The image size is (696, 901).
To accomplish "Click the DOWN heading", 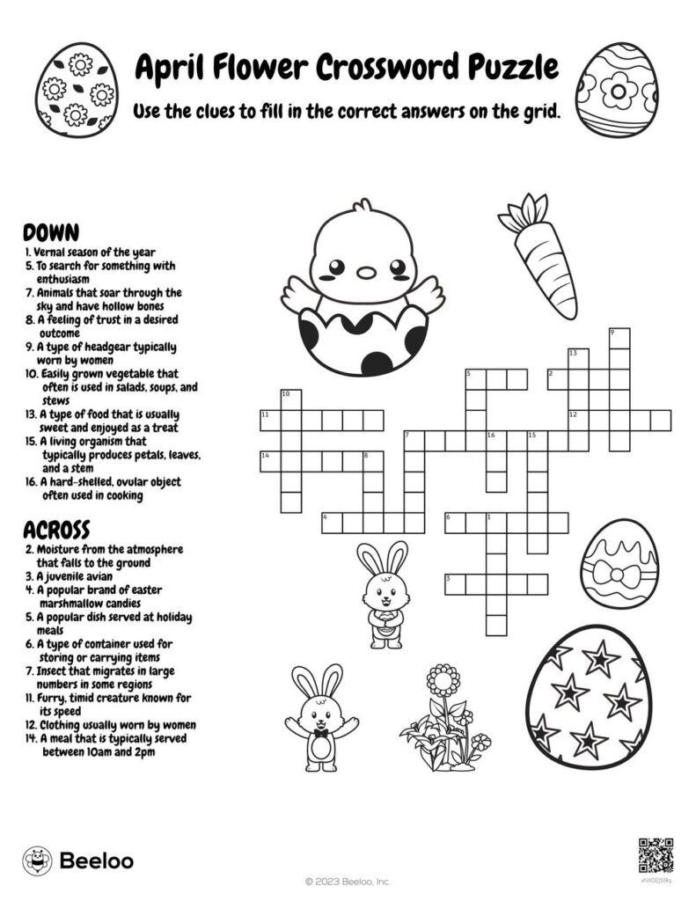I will point(51,233).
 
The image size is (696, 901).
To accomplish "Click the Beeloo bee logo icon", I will point(36,860).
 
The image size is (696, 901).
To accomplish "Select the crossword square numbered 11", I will point(269,420).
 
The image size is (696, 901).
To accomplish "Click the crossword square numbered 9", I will point(619,338).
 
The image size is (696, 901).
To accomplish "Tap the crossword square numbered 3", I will point(454,584).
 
